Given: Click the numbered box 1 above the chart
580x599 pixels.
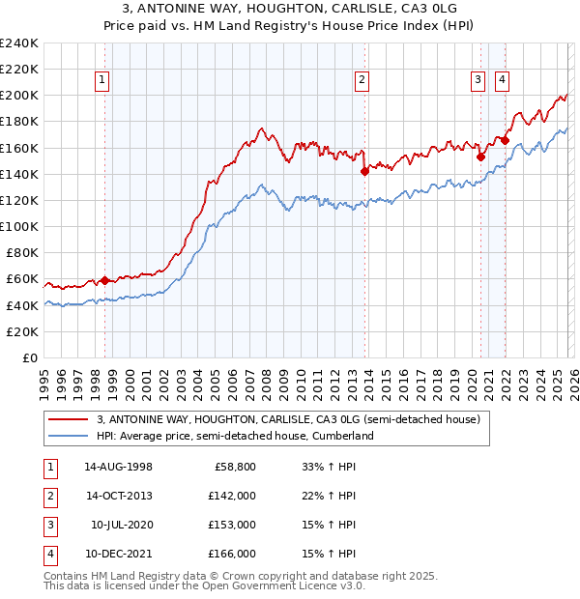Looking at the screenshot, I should point(102,80).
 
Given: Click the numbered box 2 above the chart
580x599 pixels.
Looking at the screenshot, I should point(362,80).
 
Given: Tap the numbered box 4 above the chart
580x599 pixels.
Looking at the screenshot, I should point(503,80).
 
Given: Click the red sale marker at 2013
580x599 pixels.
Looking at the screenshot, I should point(364,171).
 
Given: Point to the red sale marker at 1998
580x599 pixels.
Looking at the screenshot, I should point(105,280).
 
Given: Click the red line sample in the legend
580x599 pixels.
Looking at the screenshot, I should point(69,420).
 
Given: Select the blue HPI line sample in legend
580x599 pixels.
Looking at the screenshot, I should point(69,436).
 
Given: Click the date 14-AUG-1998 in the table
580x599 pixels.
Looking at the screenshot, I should point(118,467).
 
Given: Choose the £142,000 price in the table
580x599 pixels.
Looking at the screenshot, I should point(232,495).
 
